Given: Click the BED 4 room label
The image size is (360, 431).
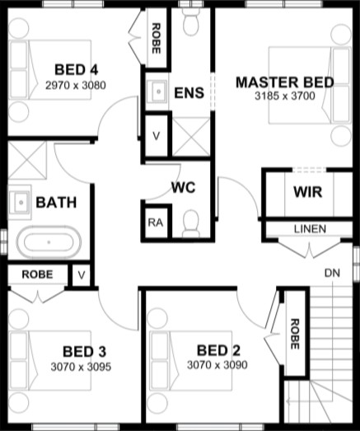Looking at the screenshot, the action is [76, 69].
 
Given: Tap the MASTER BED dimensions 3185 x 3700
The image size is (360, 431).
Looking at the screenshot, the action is [285, 96].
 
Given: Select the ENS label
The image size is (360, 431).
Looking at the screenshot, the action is [189, 92].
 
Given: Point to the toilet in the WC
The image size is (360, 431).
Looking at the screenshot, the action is [191, 223].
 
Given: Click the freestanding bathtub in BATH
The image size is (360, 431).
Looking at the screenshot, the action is [49, 242].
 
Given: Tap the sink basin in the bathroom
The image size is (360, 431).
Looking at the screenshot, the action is [19, 202].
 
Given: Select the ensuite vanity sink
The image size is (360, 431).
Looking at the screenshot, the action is [157, 91].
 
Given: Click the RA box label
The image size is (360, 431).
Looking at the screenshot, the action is [156, 223].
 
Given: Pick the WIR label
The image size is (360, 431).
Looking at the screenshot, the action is [308, 191].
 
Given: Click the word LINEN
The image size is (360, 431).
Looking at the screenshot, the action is [310, 229].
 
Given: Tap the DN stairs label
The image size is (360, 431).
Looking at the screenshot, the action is [332, 273].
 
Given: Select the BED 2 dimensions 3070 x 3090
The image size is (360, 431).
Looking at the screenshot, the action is [217, 365].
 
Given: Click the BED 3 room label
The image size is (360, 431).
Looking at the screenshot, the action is [84, 352].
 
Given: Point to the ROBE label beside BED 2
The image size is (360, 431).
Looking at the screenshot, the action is [295, 334].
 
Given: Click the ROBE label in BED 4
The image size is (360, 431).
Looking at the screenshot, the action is [156, 39].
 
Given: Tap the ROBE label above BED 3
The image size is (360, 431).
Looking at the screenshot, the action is [37, 274].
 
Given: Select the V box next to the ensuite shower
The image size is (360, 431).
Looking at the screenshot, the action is [156, 136].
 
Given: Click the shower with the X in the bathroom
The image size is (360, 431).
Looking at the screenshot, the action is [27, 160].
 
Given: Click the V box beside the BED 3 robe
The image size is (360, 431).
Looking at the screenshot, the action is [82, 275].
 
